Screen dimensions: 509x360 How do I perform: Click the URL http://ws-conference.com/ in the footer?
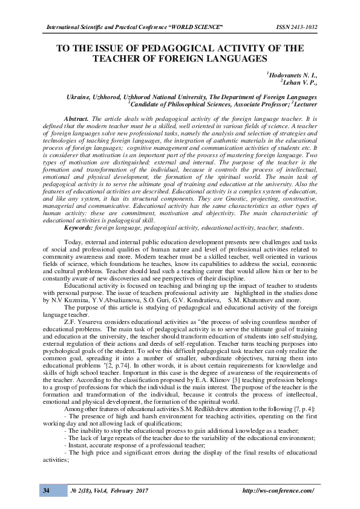(278, 490)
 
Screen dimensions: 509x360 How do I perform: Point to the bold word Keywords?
(79, 227)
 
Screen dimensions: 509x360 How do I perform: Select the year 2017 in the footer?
(141, 490)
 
